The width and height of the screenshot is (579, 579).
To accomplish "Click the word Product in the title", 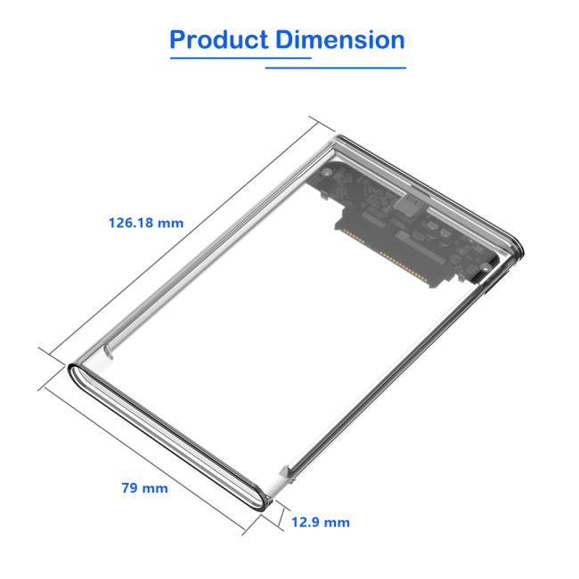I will click(x=219, y=40).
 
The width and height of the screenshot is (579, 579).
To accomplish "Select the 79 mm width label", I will click(x=143, y=488).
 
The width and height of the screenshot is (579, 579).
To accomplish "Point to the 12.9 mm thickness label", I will click(x=321, y=522).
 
